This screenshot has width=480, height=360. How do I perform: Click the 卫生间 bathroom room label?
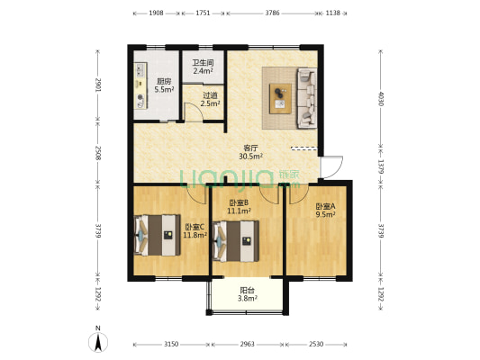[203, 63]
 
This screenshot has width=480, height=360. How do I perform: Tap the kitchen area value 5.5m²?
[164, 90]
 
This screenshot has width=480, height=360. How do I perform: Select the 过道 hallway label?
[210, 95]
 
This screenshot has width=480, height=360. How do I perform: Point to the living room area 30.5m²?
[251, 157]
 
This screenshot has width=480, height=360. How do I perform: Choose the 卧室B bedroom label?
[239, 202]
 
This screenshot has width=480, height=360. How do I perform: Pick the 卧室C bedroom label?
[195, 228]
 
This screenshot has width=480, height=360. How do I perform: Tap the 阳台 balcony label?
[247, 291]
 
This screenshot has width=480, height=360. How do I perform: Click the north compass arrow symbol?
[98, 342]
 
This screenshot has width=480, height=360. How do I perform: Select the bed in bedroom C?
[158, 235]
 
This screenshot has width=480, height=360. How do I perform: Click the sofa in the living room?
[307, 98]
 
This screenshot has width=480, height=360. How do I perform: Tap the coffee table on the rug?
[280, 98]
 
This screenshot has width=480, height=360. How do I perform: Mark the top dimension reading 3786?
[272, 13]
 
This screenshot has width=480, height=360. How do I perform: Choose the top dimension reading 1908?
[156, 13]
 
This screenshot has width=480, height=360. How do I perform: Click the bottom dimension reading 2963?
[247, 344]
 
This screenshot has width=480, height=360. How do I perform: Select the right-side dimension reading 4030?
[381, 98]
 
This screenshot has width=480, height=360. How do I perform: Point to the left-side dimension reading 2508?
[98, 153]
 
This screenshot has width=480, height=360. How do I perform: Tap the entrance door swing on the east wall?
[331, 167]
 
